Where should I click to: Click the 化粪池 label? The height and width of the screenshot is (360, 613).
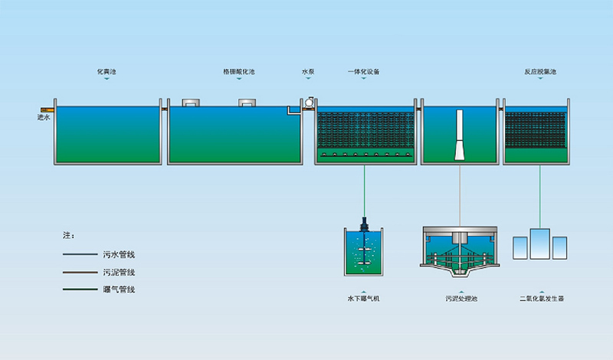coord(107,71)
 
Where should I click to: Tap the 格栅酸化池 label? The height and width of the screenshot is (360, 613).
coord(238,71)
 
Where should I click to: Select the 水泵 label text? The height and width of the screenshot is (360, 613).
coord(308,71)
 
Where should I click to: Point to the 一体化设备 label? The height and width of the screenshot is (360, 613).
coord(364,71)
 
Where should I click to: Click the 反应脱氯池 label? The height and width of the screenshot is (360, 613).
coord(540,71)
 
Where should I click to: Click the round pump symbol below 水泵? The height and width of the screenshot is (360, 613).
coord(308,100)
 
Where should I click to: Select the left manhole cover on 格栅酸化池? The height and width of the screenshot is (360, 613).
coord(191,103)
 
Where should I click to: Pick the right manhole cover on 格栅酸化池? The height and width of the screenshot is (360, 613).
coord(248,103)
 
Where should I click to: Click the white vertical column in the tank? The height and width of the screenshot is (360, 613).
coord(460,135)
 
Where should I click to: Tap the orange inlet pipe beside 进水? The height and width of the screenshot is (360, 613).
coord(47,109)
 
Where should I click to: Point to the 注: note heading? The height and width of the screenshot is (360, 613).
coord(68,235)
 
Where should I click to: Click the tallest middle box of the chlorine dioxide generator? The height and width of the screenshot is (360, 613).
coord(541,244)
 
